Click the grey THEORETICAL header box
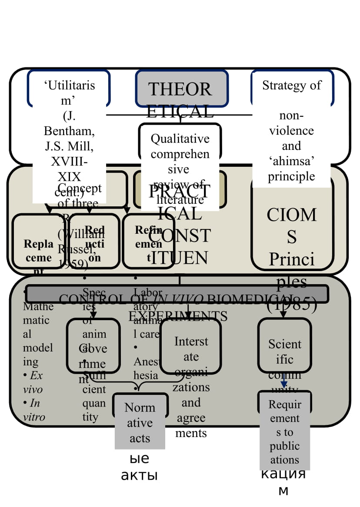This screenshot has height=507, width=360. (182, 89)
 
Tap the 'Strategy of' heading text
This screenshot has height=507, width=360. (292, 85)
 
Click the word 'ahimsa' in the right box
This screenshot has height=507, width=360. (292, 161)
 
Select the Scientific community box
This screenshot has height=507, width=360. (285, 345)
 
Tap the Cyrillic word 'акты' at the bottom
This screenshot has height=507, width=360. (139, 475)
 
